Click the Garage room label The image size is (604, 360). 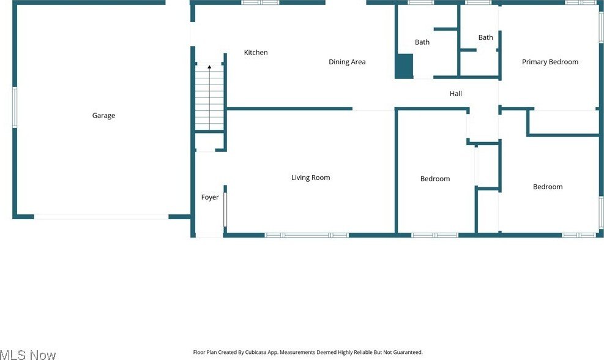pyautogui.click(x=103, y=116)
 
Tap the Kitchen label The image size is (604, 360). pyautogui.click(x=256, y=53)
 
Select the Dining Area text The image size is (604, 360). pyautogui.click(x=347, y=62)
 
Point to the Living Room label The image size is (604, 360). pyautogui.click(x=310, y=178)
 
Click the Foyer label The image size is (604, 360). pyautogui.click(x=210, y=197)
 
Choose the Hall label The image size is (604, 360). pyautogui.click(x=455, y=94)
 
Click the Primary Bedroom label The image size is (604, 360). pyautogui.click(x=550, y=62)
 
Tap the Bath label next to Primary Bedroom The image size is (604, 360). pyautogui.click(x=485, y=37)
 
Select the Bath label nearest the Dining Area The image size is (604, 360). pyautogui.click(x=422, y=42)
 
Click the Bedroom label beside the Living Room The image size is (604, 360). pyautogui.click(x=434, y=179)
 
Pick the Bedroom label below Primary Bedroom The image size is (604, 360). pyautogui.click(x=547, y=187)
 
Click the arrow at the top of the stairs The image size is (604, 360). pyautogui.click(x=209, y=66)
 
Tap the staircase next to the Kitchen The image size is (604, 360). pyautogui.click(x=209, y=101)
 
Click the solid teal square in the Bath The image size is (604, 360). pyautogui.click(x=404, y=66)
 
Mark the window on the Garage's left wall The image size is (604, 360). pyautogui.click(x=15, y=107)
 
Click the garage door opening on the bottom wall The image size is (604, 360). pyautogui.click(x=101, y=216)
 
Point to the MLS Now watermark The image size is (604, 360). pyautogui.click(x=28, y=354)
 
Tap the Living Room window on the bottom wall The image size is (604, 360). pyautogui.click(x=307, y=235)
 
